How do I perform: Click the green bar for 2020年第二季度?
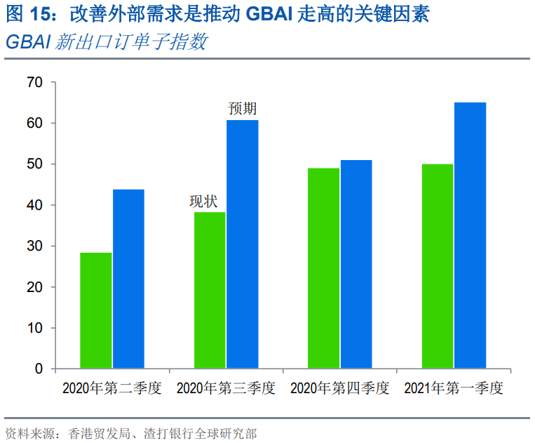point(95,310)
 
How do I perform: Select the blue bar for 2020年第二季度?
point(128,279)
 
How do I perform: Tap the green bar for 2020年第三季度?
point(210,290)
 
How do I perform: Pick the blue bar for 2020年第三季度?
point(242,244)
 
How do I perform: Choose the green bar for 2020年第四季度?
point(323,268)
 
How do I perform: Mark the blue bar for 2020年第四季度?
point(356,264)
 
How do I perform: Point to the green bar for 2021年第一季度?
point(438,266)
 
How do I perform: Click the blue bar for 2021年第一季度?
point(470,235)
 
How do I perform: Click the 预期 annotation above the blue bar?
point(243,109)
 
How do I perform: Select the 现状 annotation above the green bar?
point(203,201)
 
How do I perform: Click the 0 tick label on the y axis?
point(39,369)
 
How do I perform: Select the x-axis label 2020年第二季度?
point(112,389)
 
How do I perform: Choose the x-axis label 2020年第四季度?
point(340,389)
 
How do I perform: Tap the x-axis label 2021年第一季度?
point(454,389)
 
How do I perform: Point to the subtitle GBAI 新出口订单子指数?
point(106,42)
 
